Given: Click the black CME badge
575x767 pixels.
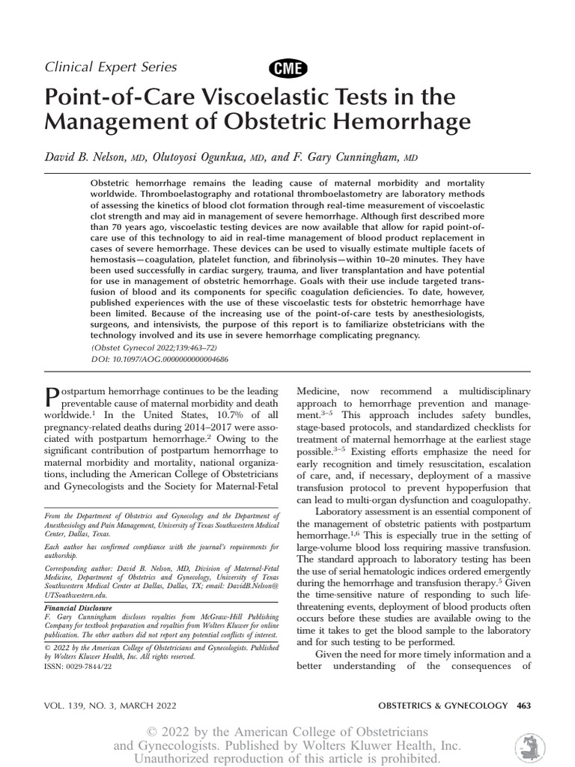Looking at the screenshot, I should (287, 69).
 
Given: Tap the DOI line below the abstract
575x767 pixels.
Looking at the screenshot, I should (159, 360).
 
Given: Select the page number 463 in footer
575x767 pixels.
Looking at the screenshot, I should (523, 705).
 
